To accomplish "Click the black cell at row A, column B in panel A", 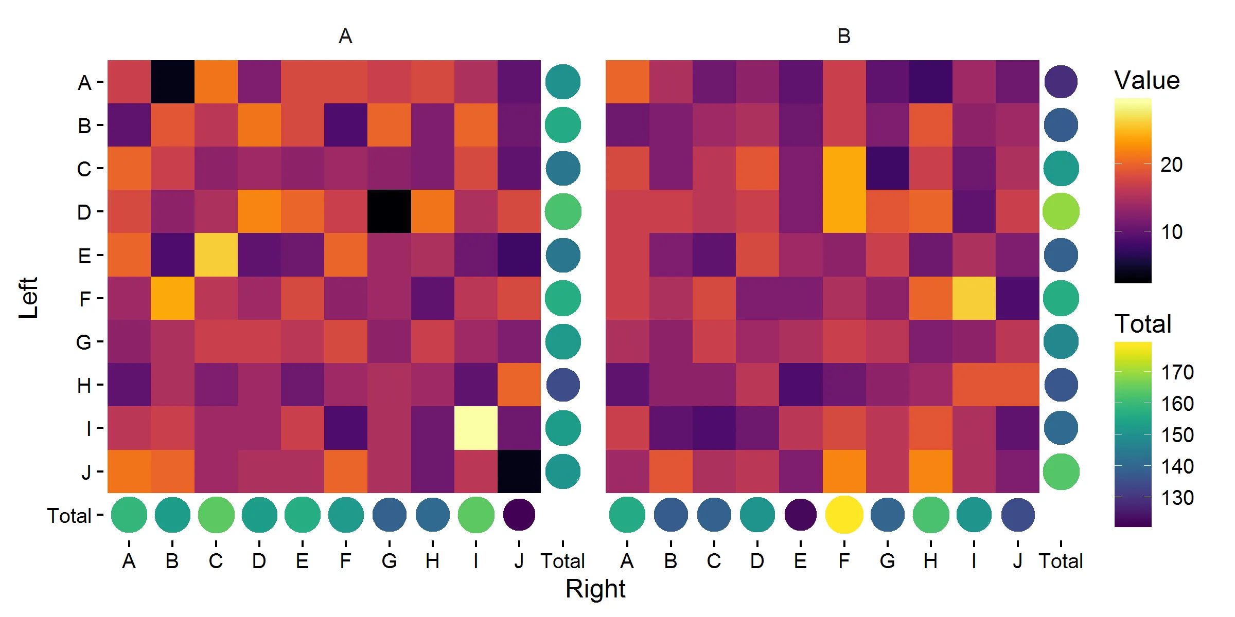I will (x=172, y=82).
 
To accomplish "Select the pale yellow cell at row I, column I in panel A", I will (x=476, y=428).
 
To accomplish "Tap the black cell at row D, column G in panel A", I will (x=390, y=211).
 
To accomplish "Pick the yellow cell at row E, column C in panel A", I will (x=216, y=255).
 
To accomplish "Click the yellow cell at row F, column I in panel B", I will (x=974, y=298).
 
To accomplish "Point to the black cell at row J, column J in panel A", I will (x=519, y=471).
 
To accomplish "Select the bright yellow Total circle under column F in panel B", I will (x=844, y=515).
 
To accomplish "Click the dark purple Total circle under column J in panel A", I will (x=519, y=515).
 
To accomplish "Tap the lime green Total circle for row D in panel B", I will (x=1061, y=211).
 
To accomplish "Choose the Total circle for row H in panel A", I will (x=563, y=385).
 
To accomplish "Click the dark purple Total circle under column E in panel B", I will (x=801, y=515).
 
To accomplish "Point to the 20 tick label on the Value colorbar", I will (x=1171, y=165).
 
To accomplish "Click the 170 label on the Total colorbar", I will (x=1177, y=372).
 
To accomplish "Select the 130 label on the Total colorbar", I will (x=1177, y=498).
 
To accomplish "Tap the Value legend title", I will (x=1147, y=80).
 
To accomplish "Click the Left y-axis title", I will (x=28, y=298).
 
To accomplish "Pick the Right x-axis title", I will (x=595, y=589).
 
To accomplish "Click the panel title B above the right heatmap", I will (x=844, y=36).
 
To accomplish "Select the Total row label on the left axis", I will (x=69, y=516).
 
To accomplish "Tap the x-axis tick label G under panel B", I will (x=887, y=561).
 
